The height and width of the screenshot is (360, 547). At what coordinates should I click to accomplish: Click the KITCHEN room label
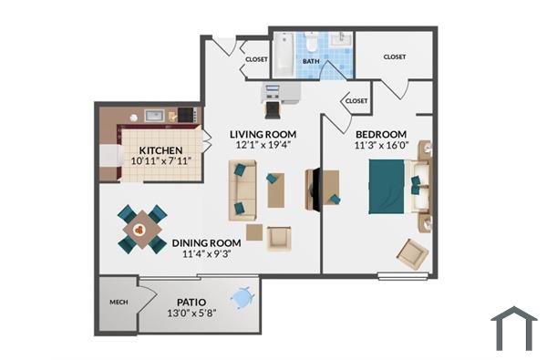(160, 150)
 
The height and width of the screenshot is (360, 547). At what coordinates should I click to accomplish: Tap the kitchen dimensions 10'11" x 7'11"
(160, 161)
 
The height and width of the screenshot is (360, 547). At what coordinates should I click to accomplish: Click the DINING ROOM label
(206, 243)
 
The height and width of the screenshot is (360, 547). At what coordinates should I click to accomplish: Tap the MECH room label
(118, 300)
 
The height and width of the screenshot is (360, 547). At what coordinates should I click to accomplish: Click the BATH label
(311, 62)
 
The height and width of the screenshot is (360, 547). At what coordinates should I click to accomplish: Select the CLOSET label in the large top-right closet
(395, 57)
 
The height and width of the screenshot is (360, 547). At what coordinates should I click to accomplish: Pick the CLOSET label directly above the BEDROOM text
(356, 101)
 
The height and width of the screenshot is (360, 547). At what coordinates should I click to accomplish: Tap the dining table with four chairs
(142, 230)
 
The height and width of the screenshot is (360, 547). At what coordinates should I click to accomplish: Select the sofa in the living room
(242, 190)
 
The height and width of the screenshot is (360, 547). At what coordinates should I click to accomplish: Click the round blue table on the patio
(243, 297)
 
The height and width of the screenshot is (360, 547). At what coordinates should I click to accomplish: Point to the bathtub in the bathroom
(284, 56)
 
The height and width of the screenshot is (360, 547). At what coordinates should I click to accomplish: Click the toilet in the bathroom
(311, 43)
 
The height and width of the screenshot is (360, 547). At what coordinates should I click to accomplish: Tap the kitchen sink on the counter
(153, 116)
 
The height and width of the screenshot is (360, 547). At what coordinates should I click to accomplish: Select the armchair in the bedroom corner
(412, 252)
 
